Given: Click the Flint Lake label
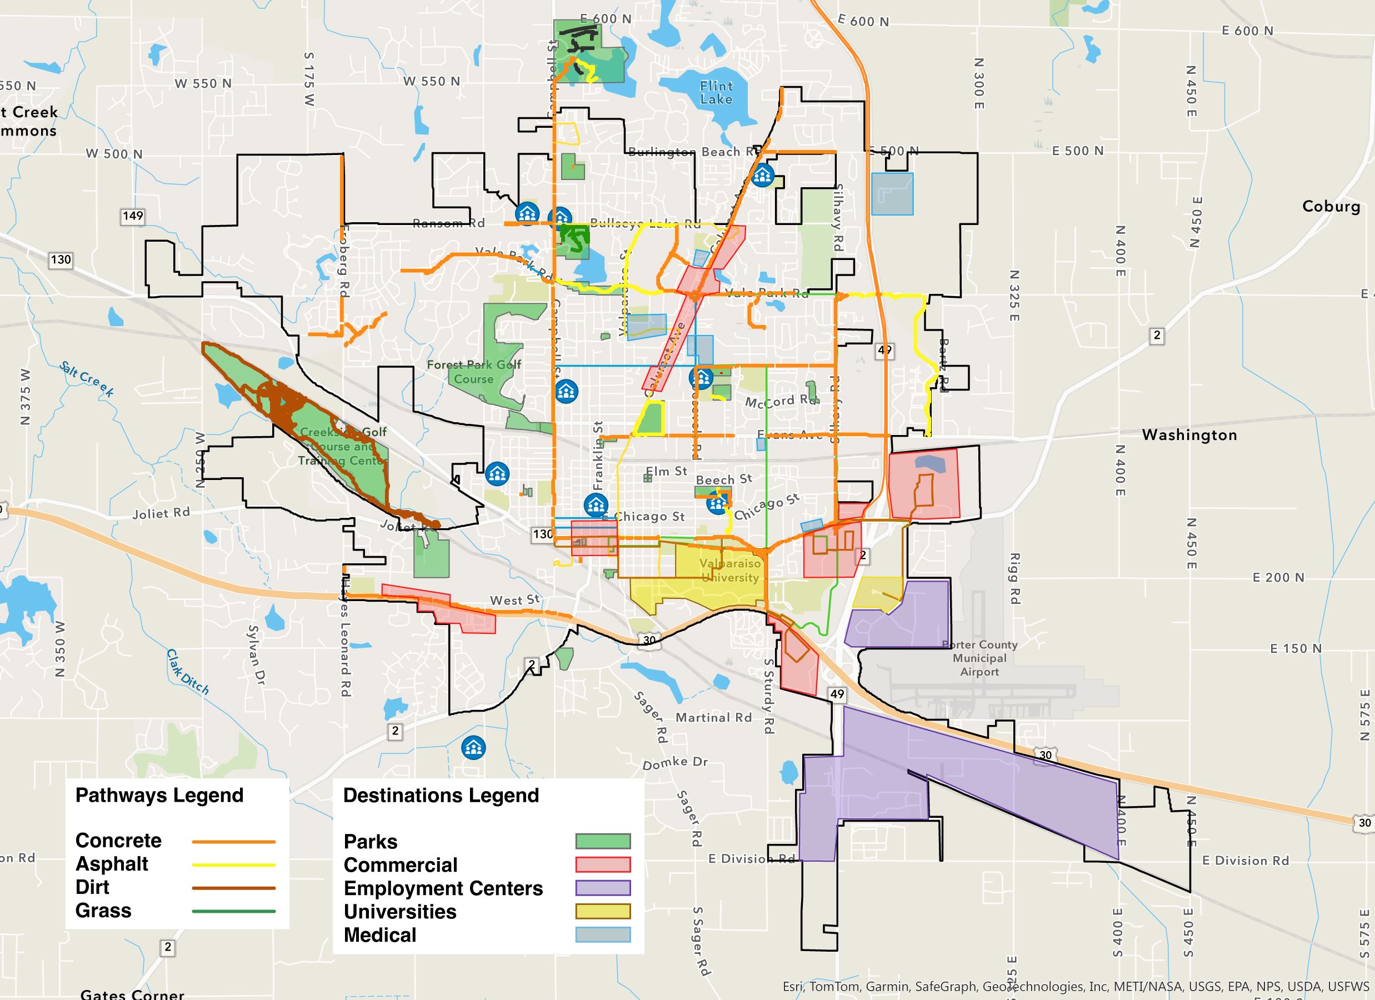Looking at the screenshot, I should pyautogui.click(x=716, y=93).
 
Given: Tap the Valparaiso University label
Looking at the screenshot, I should pyautogui.click(x=730, y=571).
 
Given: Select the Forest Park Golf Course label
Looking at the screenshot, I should pyautogui.click(x=473, y=372).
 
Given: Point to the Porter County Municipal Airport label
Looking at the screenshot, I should pyautogui.click(x=979, y=658).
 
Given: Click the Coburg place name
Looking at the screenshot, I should pyautogui.click(x=1331, y=206).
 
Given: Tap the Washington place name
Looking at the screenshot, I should pyautogui.click(x=1189, y=435).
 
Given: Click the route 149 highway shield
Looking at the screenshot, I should pyautogui.click(x=133, y=216).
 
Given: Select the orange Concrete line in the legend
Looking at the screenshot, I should pyautogui.click(x=233, y=842).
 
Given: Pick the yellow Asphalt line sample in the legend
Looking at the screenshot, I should pyautogui.click(x=233, y=865).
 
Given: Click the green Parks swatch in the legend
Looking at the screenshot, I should pyautogui.click(x=603, y=841).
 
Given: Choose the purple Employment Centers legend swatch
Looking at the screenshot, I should pyautogui.click(x=603, y=888).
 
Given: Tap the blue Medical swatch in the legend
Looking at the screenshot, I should pyautogui.click(x=603, y=934).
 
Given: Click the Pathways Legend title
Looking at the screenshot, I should pyautogui.click(x=159, y=795).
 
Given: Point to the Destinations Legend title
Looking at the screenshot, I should pyautogui.click(x=441, y=795).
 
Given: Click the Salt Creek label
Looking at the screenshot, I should pyautogui.click(x=87, y=379).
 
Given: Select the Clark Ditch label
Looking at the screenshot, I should pyautogui.click(x=188, y=672).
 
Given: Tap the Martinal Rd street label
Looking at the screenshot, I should pyautogui.click(x=713, y=717).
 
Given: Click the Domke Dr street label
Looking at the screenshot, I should pyautogui.click(x=675, y=763).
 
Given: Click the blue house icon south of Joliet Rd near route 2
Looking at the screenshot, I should pyautogui.click(x=473, y=748).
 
